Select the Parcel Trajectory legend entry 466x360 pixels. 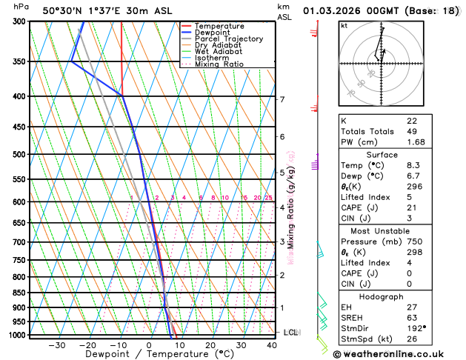pos(228,39)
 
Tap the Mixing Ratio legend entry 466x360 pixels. pos(219,64)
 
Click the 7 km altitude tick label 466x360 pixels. pos(282,99)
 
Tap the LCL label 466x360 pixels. pos(290,333)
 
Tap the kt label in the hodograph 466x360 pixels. pos(344,26)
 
